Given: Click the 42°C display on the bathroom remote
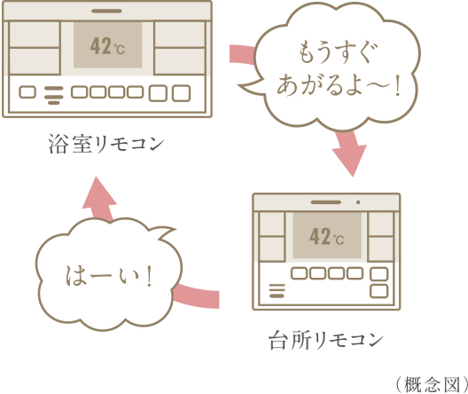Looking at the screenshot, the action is (x=107, y=46).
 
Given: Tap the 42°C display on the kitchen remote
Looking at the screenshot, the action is (x=327, y=237).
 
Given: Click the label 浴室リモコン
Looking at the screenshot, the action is (x=106, y=144).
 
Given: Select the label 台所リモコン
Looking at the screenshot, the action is (x=326, y=340).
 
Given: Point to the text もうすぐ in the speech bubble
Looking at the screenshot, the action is (x=339, y=52).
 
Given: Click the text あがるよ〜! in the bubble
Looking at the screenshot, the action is (x=339, y=85).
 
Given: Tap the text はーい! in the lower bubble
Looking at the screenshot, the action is (x=109, y=276).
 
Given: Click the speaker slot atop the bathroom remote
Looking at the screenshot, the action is (x=106, y=11).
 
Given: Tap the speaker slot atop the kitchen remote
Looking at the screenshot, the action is (x=325, y=202).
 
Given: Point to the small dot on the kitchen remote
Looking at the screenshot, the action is (x=358, y=202).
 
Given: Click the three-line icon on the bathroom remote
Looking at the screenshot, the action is (x=54, y=95).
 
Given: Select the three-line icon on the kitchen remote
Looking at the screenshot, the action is (x=277, y=291).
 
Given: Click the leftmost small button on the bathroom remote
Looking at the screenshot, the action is (x=27, y=92).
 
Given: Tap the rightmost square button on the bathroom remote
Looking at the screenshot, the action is (x=181, y=93).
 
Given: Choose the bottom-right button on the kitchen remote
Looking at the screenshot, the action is (x=379, y=291).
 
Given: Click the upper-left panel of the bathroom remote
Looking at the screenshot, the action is (x=35, y=35).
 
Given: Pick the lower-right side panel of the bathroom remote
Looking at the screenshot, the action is (x=180, y=61).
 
